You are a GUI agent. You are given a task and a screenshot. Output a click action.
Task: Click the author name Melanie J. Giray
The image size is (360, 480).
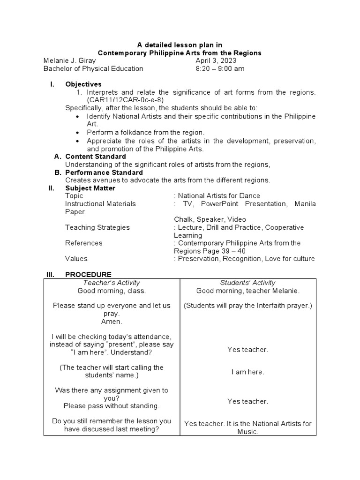tap(69, 61)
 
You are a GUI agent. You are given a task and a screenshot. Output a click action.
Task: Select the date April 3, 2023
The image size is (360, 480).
tap(216, 61)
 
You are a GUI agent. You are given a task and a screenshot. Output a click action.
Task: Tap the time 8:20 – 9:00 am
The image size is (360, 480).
tap(220, 69)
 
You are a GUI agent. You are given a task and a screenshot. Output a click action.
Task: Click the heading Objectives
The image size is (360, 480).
tap(83, 84)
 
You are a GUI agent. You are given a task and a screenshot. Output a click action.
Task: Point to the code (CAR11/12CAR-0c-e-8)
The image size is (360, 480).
tap(124, 100)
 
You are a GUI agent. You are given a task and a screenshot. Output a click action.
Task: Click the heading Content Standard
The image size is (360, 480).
tap(95, 157)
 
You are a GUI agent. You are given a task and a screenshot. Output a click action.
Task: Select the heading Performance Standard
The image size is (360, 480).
tap(104, 172)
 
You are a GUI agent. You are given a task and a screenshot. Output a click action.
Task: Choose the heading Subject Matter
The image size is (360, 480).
tap(90, 188)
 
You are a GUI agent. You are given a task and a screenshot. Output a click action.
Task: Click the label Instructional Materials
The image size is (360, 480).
tap(100, 204)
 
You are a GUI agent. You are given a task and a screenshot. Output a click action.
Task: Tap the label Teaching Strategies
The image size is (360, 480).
tap(97, 227)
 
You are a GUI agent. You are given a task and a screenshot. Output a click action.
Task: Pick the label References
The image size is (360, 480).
tap(83, 243)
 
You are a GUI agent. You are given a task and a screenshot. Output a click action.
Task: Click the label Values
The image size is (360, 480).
tap(76, 259)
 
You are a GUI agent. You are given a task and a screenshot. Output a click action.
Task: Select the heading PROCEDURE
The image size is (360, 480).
tap(88, 274)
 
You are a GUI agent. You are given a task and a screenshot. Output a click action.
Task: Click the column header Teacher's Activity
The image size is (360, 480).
tap(112, 283)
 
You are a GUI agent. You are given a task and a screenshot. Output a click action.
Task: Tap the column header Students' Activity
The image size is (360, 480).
tap(247, 283)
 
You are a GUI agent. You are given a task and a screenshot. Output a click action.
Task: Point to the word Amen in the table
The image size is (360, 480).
tap(111, 322)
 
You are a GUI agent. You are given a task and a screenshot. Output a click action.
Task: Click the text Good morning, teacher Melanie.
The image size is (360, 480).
tap(247, 291)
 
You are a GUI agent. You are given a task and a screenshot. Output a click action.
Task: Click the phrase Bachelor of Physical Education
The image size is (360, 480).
tap(93, 69)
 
